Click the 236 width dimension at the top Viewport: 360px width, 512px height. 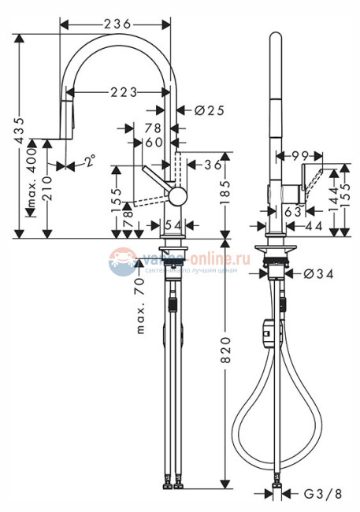[x=117, y=24]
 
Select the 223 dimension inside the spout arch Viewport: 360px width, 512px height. [x=117, y=93]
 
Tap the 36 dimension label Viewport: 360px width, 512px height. [x=211, y=165]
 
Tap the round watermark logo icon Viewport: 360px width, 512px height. [x=123, y=262]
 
